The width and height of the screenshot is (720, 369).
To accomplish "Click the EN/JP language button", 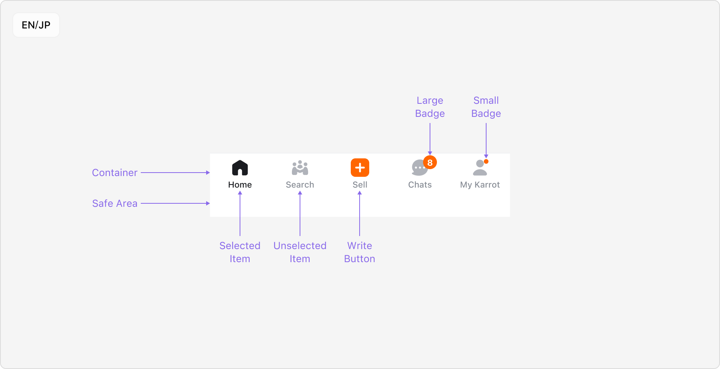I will [36, 25].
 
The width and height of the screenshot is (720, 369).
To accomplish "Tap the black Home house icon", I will [240, 168].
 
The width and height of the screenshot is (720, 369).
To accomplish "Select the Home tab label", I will [240, 185].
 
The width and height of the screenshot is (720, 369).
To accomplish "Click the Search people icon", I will [300, 168].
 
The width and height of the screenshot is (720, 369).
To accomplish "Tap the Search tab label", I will [300, 185].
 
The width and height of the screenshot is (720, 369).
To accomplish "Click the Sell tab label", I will [360, 185].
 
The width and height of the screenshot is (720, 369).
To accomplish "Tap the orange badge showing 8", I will [430, 163].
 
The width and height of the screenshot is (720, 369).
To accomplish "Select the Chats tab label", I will [420, 185].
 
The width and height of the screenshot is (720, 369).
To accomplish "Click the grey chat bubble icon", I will [418, 168].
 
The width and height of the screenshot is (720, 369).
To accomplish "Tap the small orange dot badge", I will [486, 161].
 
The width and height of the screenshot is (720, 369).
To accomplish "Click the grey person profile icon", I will [480, 168].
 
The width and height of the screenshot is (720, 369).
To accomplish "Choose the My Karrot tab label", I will [480, 185].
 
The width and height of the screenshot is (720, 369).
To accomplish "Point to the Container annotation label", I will [115, 173].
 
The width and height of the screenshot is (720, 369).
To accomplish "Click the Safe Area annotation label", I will [115, 203].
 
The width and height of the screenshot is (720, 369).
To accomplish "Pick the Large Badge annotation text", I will [430, 107].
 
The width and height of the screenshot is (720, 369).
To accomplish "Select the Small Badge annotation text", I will [486, 107].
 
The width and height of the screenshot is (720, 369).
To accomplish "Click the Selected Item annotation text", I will [240, 252].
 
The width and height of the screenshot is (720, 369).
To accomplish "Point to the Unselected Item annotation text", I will [300, 252].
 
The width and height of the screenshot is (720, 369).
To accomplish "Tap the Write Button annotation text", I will [360, 252].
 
